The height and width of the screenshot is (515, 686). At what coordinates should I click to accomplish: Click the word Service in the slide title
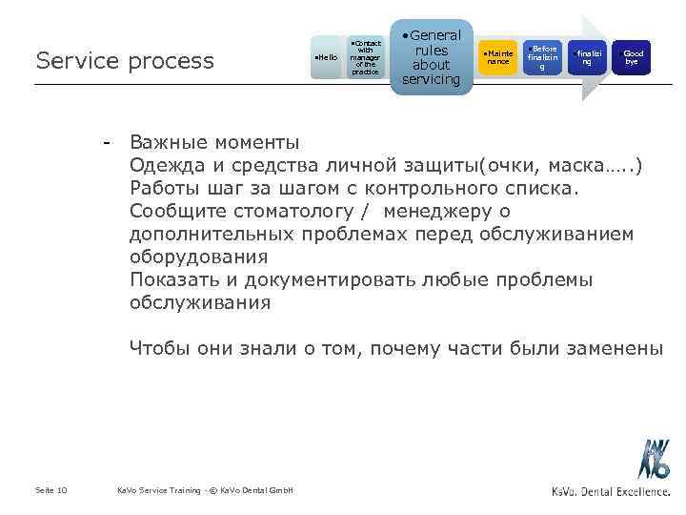point(70,60)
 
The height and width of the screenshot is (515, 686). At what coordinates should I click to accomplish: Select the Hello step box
point(326,58)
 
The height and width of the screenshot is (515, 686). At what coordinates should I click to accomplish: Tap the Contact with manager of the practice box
point(366,57)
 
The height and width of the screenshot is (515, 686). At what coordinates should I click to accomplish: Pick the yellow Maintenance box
point(498,57)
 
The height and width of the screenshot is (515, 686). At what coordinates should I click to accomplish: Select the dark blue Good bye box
point(632,57)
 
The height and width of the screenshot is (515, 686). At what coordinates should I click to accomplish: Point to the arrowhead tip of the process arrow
point(606,57)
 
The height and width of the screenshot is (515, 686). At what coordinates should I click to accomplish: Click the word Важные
point(171,143)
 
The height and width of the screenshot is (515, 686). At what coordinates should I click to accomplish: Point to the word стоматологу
point(267,212)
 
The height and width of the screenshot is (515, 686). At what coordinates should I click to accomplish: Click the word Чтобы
point(160,349)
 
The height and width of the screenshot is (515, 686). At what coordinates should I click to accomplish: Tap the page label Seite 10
point(50,490)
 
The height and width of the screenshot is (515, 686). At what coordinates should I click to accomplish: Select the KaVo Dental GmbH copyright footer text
point(205,490)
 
